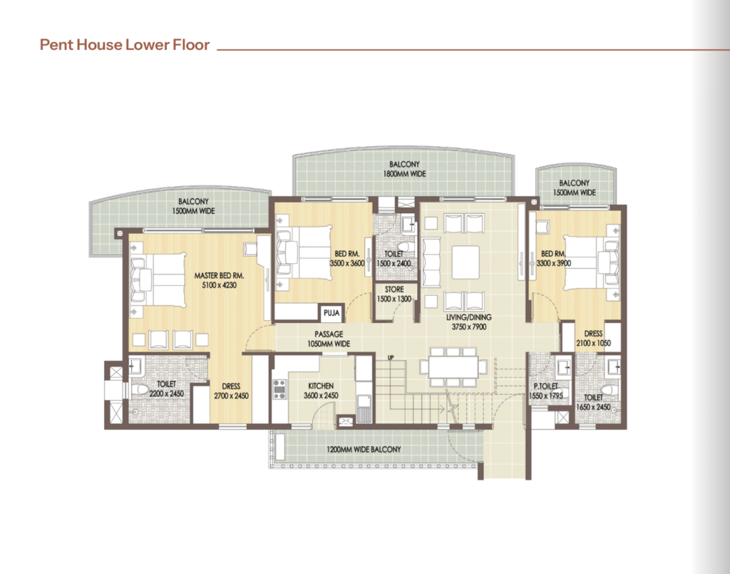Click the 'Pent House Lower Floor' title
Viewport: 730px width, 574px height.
click(x=125, y=45)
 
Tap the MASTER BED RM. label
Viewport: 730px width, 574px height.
click(x=219, y=276)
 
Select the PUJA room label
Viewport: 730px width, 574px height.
click(x=331, y=313)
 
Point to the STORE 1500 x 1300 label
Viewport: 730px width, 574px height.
click(x=394, y=294)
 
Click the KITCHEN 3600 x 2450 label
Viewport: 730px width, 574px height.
click(x=321, y=391)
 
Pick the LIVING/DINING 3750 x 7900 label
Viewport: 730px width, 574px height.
click(x=469, y=322)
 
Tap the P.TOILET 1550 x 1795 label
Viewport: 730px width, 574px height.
click(x=545, y=391)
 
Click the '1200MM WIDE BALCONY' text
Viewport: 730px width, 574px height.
click(x=364, y=450)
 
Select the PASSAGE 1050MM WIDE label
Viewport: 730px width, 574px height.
click(x=329, y=339)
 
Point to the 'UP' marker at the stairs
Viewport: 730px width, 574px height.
click(x=391, y=357)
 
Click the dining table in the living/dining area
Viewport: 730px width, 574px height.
click(x=453, y=367)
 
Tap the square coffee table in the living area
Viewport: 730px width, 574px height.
click(x=466, y=262)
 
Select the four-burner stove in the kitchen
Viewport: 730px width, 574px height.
click(x=279, y=389)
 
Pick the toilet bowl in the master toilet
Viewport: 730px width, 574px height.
click(x=140, y=389)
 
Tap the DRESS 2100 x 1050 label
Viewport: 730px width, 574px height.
click(x=593, y=339)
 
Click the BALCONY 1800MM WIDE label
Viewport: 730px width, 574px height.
click(x=404, y=169)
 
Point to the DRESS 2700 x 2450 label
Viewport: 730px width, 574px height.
click(x=231, y=391)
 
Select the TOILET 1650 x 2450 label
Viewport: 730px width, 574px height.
click(x=593, y=402)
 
